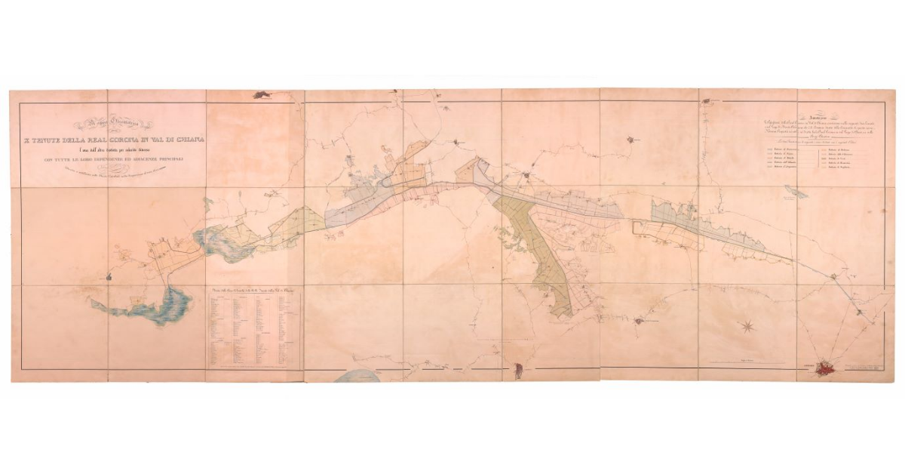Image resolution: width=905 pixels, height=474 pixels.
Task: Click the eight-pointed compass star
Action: pyautogui.click(x=747, y=326)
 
